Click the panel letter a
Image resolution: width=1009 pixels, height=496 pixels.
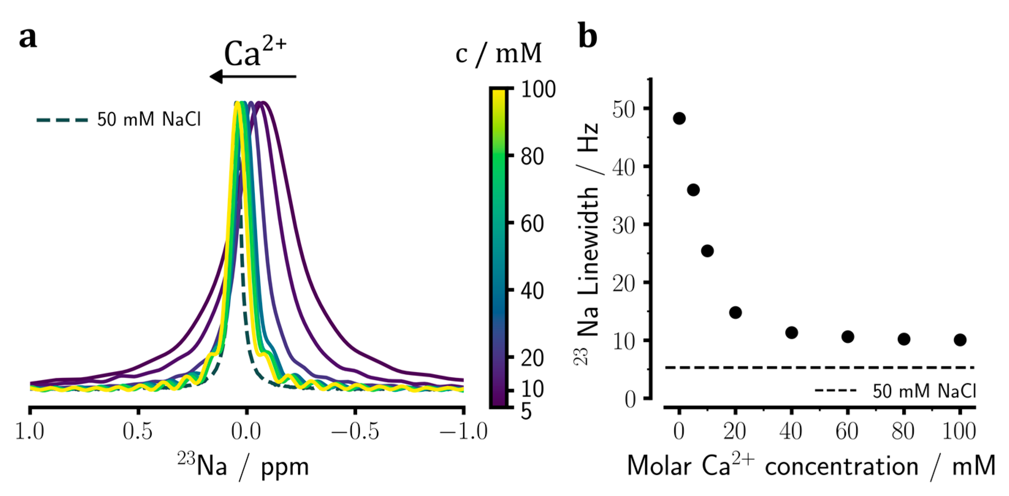click(x=28, y=38)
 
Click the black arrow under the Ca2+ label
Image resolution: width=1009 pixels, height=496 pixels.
click(x=253, y=76)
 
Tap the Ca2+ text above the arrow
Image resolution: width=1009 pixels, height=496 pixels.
click(x=255, y=53)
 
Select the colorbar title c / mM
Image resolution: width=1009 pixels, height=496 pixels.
click(x=498, y=54)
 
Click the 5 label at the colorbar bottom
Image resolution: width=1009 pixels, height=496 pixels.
click(x=526, y=412)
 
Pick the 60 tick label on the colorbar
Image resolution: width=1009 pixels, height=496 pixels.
click(x=532, y=224)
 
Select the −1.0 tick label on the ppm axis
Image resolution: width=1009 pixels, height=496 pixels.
click(x=463, y=432)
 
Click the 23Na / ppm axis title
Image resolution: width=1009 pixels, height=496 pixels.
click(x=243, y=466)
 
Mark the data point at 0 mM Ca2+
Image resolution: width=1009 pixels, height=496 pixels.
click(x=679, y=118)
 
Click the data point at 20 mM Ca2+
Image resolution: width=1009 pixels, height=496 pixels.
click(x=735, y=312)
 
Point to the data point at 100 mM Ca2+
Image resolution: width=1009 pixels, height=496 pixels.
click(x=960, y=340)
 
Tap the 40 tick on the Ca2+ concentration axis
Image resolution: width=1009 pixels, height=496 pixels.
click(x=791, y=432)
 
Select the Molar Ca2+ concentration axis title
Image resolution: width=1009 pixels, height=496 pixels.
click(x=811, y=466)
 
